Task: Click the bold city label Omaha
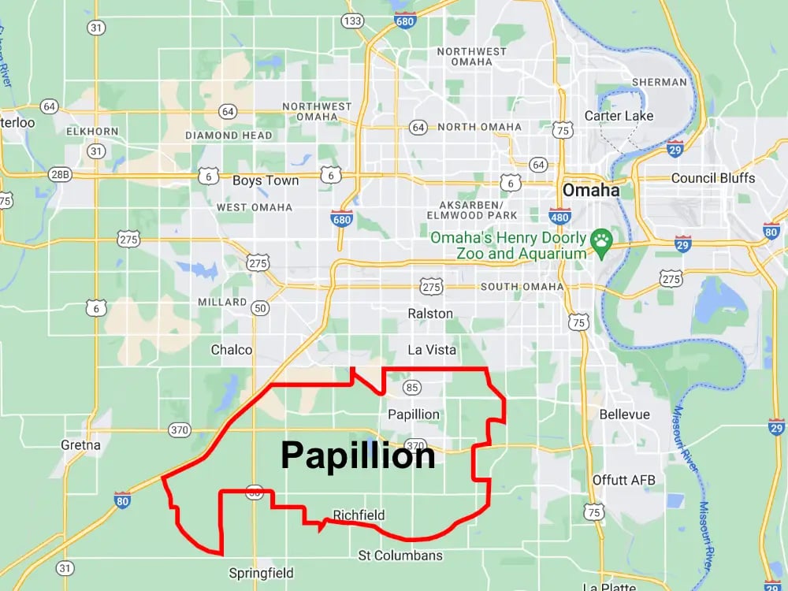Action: point(590,191)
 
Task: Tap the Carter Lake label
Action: point(619,116)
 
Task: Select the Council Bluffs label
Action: point(712,178)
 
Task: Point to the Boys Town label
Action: point(266,180)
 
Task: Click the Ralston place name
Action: point(430,314)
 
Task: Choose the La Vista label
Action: point(431,350)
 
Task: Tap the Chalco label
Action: point(232,350)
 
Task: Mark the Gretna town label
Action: point(80,445)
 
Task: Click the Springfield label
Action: point(261,573)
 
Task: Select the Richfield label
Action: point(359,515)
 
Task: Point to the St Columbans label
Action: point(400,556)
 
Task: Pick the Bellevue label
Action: point(624,414)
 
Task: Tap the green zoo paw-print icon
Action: point(602,239)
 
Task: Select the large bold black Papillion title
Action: point(358,455)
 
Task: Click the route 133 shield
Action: point(353,20)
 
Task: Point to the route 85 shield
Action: point(411,387)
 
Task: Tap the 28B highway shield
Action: point(59,174)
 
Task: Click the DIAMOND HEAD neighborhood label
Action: point(229,136)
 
